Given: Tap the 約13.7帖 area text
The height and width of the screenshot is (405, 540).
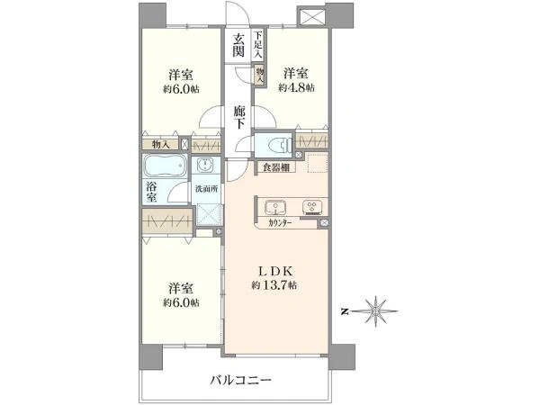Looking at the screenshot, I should (276, 284).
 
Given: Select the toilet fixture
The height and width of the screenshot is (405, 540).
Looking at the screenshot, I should (275, 145).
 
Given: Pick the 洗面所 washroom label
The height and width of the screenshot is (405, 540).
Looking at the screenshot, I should (207, 189).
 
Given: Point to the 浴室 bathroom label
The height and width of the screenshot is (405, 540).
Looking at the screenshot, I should (152, 192).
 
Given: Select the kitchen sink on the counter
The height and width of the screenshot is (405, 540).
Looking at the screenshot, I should (274, 207).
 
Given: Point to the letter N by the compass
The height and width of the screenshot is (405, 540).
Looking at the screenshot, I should (344, 311).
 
